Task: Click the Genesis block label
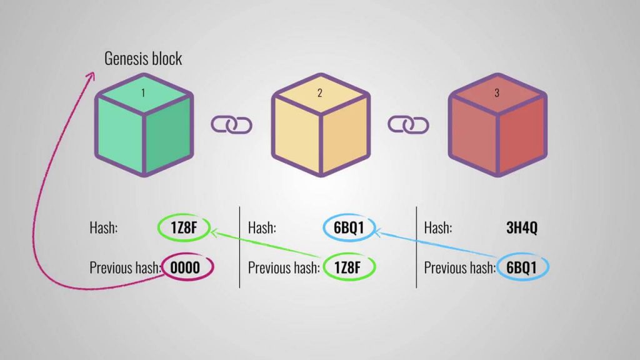point(143,59)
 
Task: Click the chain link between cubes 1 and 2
point(231,124)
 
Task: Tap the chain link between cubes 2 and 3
point(409,124)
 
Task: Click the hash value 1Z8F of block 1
point(184,227)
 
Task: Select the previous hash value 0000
point(186,267)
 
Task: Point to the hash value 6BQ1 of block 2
point(349,227)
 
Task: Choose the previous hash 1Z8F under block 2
point(349,267)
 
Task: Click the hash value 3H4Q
point(522,227)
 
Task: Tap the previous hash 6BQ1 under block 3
point(522,267)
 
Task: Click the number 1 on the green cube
point(143,93)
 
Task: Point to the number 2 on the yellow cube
point(320,93)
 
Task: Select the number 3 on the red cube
point(497,93)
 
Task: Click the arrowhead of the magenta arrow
point(90,76)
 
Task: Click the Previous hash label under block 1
point(125,267)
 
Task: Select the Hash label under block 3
point(438,227)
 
